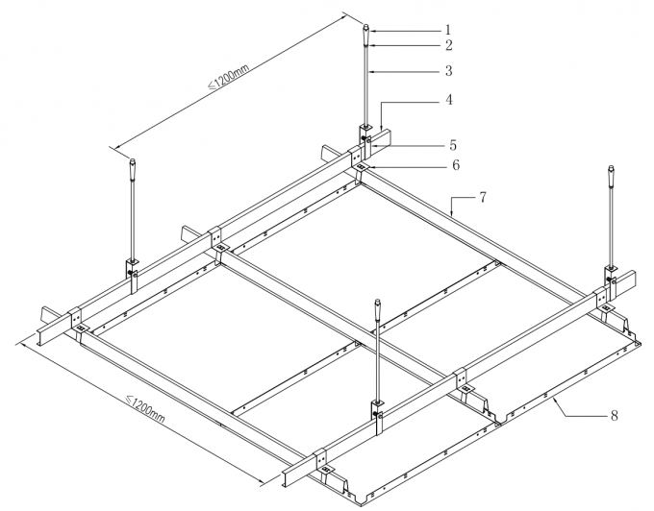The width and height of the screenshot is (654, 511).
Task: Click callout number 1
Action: tap(447, 29)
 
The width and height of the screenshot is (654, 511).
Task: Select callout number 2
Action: tap(449, 45)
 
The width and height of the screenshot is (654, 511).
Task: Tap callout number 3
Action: tap(448, 71)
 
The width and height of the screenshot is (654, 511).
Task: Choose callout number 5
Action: tap(451, 146)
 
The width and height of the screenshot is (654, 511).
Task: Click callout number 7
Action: tap(483, 197)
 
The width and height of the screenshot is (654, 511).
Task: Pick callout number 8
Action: tap(614, 416)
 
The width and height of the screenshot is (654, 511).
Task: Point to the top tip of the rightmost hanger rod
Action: tap(611, 170)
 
